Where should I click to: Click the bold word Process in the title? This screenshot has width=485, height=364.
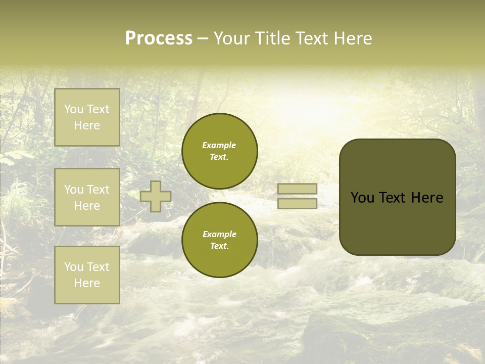point(159,38)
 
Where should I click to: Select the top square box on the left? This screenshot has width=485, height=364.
point(87,117)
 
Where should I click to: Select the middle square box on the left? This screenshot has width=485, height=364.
point(87,197)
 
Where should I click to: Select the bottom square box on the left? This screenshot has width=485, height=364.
point(87,275)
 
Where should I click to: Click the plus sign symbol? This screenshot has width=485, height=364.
point(156,196)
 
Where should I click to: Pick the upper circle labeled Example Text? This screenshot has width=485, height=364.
point(220,151)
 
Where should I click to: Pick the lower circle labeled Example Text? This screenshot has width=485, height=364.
point(220,240)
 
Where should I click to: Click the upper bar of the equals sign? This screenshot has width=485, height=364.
point(297,189)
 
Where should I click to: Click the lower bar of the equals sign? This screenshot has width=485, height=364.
point(297,204)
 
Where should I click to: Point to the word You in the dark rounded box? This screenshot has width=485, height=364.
point(362,198)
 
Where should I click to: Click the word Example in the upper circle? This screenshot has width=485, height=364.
point(219,145)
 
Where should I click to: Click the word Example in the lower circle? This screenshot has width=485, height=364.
point(219,234)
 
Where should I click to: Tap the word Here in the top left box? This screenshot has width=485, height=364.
point(87,125)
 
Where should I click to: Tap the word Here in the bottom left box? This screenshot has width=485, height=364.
point(87,283)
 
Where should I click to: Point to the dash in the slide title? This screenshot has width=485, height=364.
point(203,38)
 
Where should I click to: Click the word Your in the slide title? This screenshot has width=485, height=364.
point(231,38)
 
